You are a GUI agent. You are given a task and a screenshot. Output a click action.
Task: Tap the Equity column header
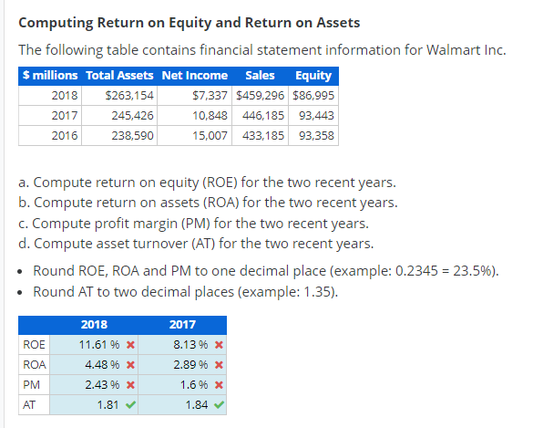tap(313, 75)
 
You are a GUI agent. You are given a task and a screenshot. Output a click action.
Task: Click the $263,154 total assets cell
tap(130, 95)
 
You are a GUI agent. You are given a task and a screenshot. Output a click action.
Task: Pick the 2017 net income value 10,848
tap(210, 115)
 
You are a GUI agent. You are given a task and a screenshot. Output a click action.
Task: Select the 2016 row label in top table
tap(65, 135)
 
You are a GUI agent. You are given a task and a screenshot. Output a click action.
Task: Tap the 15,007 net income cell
tap(210, 135)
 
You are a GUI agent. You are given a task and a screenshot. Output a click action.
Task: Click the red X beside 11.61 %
tap(131, 346)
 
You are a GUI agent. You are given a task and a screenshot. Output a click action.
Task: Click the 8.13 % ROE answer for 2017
tap(191, 346)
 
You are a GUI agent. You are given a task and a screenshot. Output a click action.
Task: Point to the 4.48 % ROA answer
tap(103, 366)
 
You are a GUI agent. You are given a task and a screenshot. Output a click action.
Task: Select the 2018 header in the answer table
tap(94, 324)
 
